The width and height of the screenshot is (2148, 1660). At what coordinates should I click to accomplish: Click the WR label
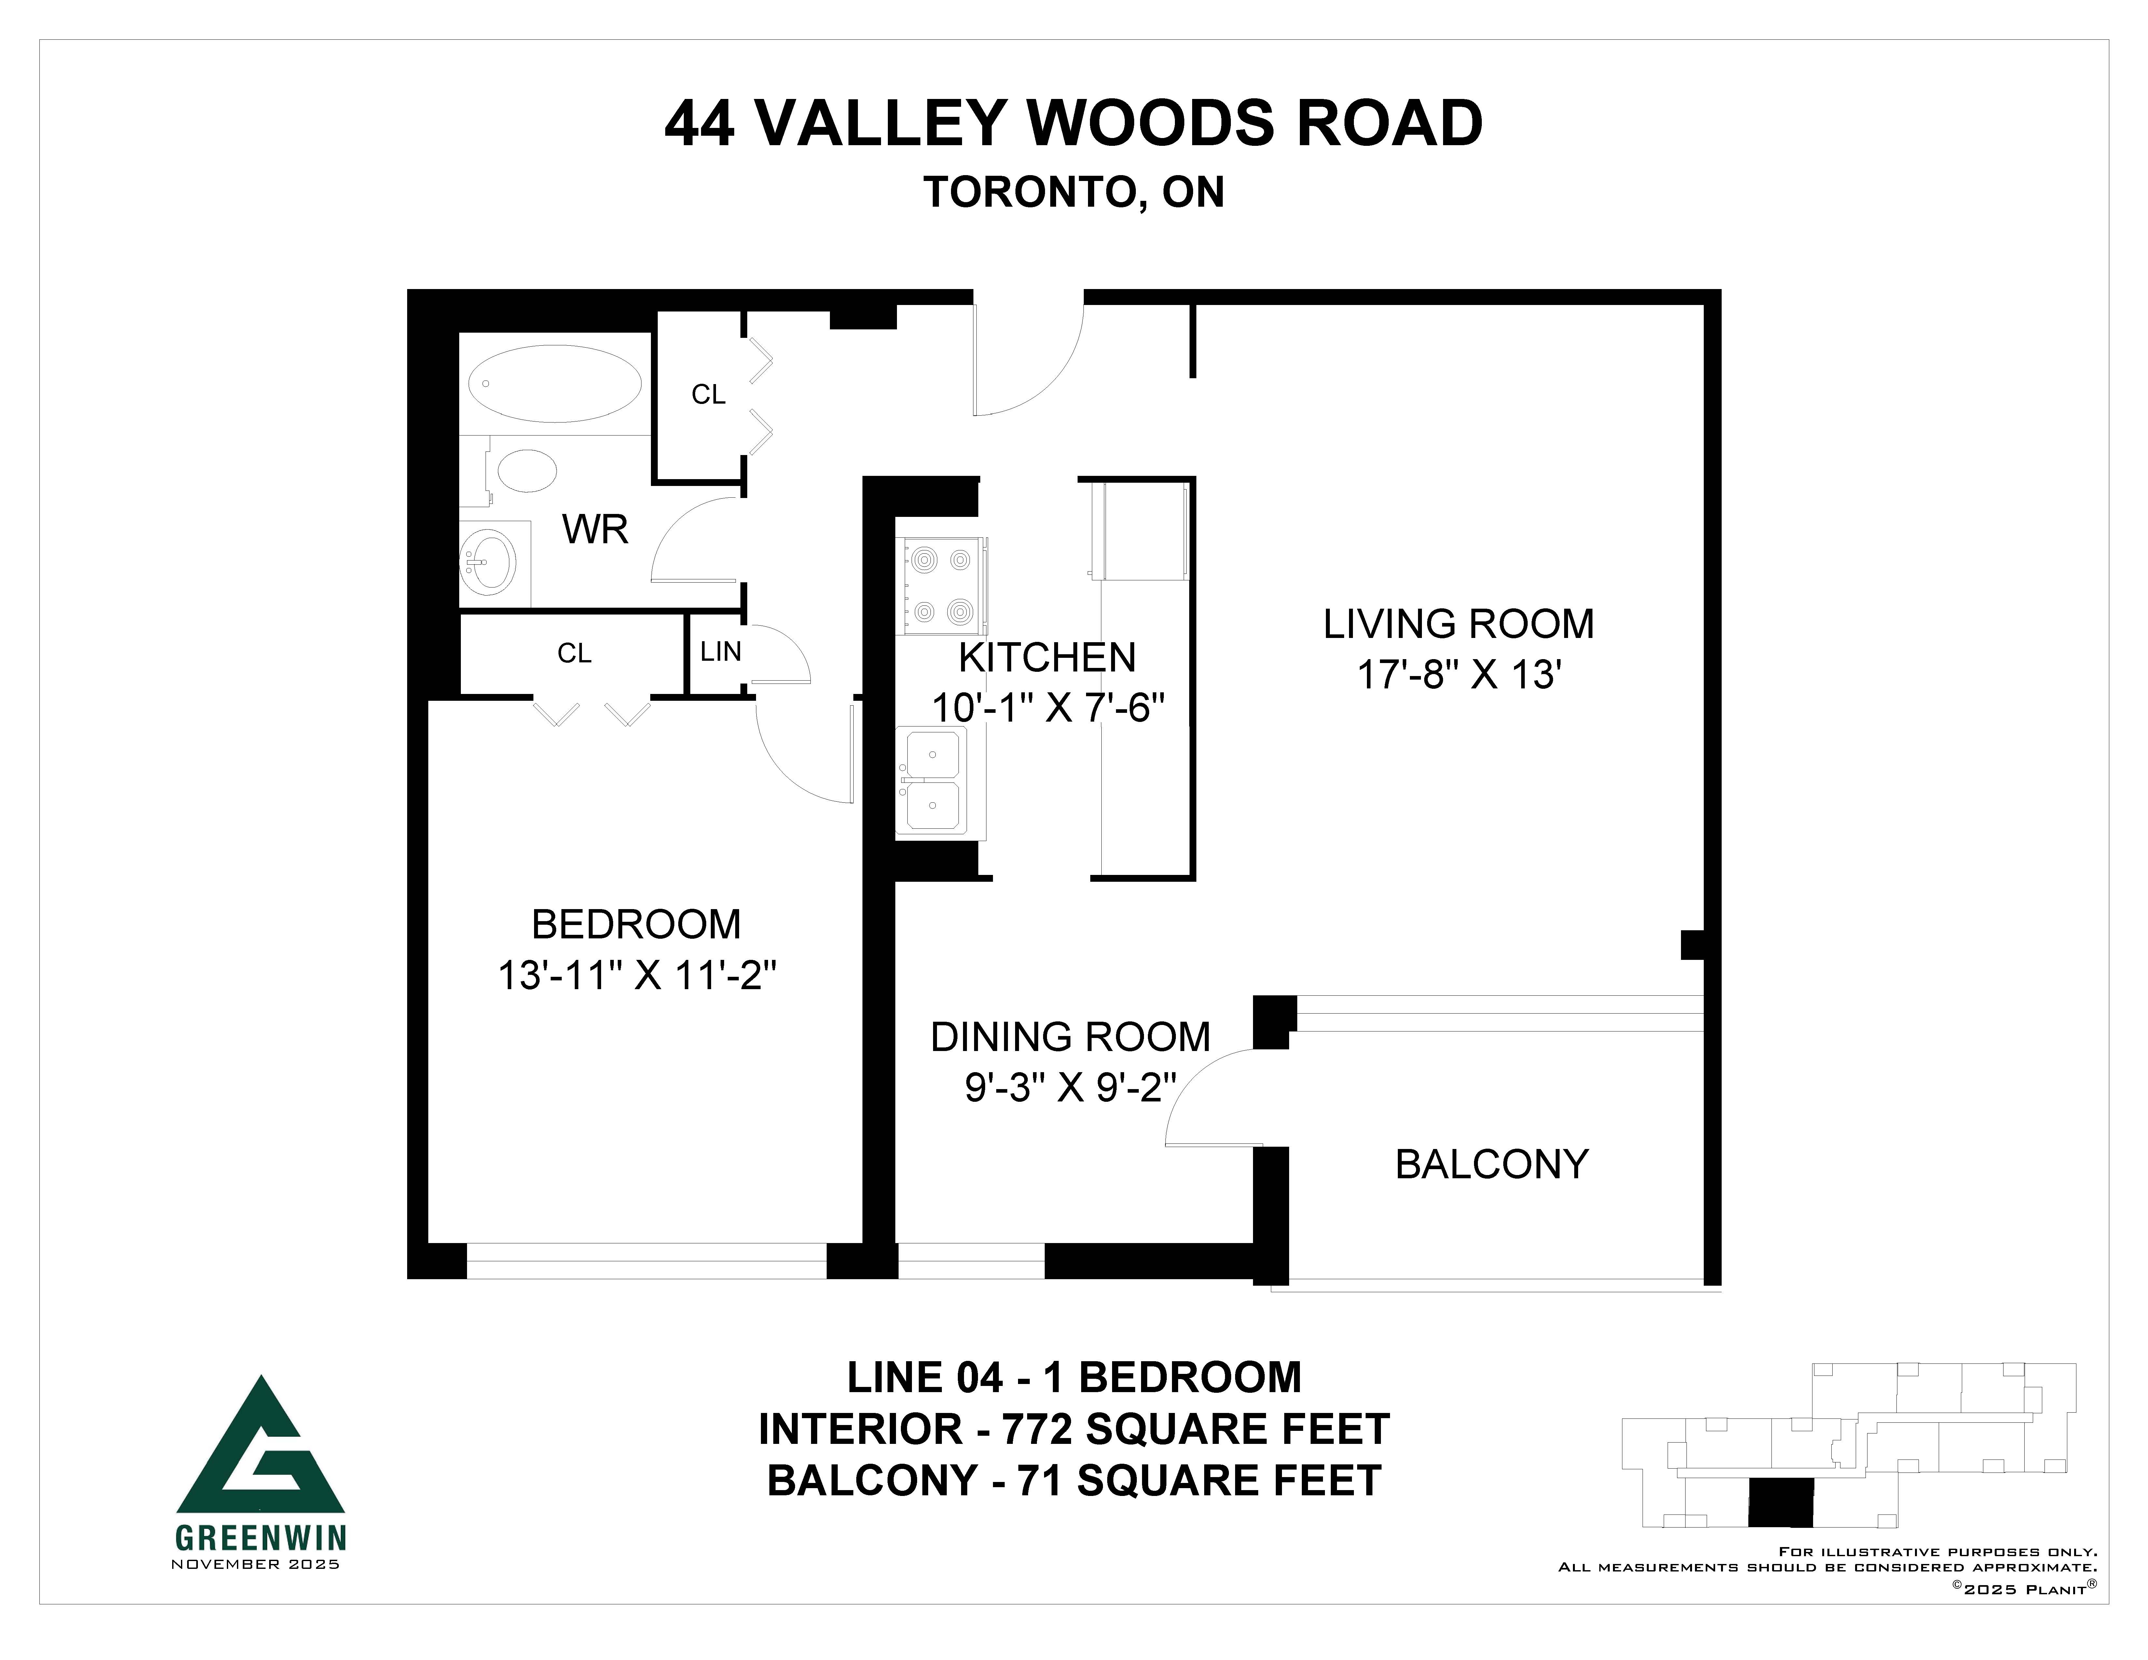[595, 530]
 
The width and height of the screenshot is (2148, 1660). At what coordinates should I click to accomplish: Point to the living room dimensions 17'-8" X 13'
[1460, 675]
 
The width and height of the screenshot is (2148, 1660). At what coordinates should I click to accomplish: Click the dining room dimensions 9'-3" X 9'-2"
[1070, 1088]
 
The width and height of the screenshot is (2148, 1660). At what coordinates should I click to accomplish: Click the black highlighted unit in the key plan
[1780, 1503]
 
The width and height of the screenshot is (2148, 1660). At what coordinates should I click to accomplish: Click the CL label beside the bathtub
[708, 394]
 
